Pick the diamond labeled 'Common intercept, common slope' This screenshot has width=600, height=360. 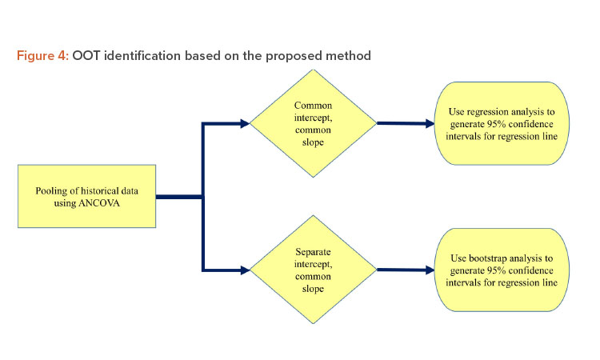[x=313, y=123]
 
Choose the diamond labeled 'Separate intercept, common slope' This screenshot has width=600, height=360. [x=313, y=270]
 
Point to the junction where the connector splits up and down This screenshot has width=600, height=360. [x=203, y=197]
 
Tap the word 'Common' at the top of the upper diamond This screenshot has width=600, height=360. [x=313, y=105]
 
